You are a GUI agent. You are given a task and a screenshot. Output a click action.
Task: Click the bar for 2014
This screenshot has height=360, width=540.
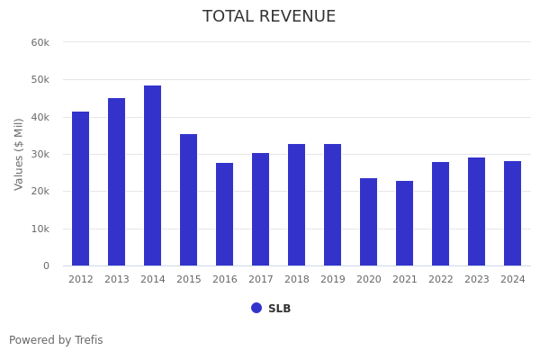tap(152, 175)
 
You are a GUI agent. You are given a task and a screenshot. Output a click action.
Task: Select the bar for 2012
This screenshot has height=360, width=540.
tap(80, 188)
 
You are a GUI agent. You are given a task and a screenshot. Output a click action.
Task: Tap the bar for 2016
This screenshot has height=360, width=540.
tap(224, 214)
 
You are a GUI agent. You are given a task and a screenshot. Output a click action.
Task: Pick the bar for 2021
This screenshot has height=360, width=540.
tap(404, 223)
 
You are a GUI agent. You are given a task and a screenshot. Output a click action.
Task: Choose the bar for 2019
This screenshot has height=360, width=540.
tap(332, 204)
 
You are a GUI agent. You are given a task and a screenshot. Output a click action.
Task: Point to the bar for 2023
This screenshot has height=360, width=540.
tap(476, 211)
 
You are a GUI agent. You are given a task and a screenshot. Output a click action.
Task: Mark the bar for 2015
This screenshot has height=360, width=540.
tap(188, 200)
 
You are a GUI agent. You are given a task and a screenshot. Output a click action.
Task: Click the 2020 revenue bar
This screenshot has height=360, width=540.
tap(368, 221)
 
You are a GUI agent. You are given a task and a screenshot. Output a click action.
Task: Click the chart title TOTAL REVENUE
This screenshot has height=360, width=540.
tap(269, 17)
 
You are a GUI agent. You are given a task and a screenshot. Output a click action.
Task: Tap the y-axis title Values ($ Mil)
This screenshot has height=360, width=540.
tap(19, 154)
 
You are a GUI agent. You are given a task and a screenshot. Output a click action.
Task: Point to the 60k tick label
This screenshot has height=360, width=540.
tap(40, 42)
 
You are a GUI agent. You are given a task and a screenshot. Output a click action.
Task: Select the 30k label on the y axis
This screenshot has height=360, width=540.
tap(40, 154)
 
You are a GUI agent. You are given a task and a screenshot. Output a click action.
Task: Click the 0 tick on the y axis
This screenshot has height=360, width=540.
tap(46, 265)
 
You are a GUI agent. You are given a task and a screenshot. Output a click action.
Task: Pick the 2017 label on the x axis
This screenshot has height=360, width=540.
tap(260, 280)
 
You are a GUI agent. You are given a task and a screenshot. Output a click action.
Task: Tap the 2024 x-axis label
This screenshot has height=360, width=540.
tap(512, 280)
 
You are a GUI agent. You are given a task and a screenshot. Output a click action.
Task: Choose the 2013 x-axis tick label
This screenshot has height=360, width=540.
tap(116, 280)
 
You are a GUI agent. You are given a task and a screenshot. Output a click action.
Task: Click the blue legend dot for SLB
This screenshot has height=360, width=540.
tap(256, 308)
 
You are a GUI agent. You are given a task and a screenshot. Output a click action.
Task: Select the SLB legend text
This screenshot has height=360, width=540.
tap(279, 309)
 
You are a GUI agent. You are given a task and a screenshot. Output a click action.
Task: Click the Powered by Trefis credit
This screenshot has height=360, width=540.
tap(56, 340)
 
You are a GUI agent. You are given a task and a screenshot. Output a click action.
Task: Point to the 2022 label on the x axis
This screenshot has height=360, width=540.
tap(440, 280)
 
